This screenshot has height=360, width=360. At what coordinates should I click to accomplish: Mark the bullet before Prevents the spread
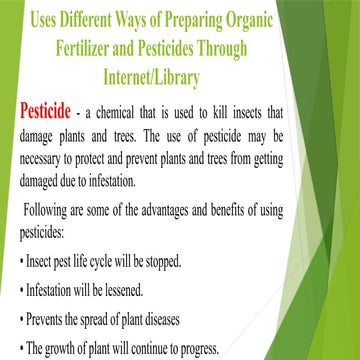(21, 321)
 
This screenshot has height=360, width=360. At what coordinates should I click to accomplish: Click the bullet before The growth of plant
(21, 349)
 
